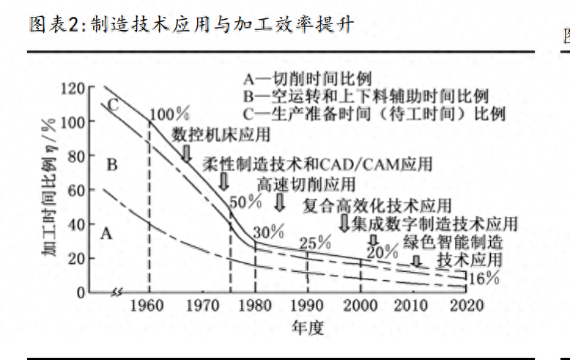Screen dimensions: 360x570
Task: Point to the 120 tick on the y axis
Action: [x=73, y=88]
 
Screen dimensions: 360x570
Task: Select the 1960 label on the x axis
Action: [x=149, y=306]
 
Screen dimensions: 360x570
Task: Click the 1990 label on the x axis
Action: [x=307, y=306]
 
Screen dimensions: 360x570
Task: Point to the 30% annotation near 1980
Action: [x=268, y=232]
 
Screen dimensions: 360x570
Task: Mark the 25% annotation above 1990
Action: [x=316, y=243]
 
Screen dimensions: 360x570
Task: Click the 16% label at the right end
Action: [x=484, y=279]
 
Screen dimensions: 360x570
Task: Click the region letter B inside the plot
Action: [x=111, y=164]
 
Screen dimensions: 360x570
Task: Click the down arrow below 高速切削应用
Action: [x=280, y=202]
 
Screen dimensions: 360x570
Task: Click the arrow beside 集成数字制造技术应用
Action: [x=344, y=223]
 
